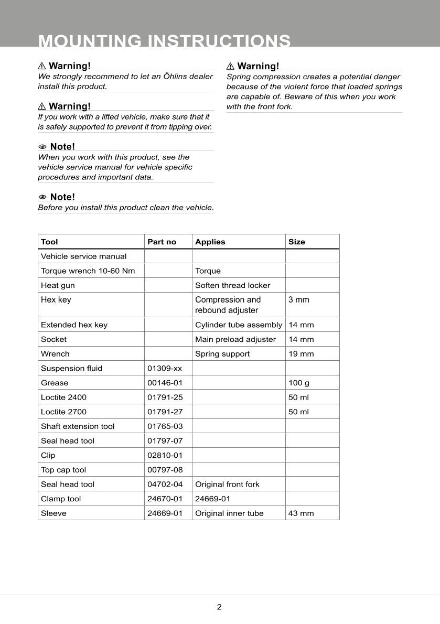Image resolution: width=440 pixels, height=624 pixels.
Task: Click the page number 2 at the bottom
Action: [x=219, y=607]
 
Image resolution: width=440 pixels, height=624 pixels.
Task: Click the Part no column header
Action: [x=162, y=242]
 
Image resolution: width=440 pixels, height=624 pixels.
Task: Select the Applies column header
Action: [x=210, y=242]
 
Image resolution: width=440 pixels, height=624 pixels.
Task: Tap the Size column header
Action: [x=296, y=242]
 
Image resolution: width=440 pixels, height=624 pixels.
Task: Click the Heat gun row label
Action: [x=58, y=285]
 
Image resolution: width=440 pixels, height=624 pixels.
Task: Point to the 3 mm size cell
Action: [x=299, y=300]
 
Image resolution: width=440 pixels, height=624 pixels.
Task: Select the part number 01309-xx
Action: [x=165, y=368]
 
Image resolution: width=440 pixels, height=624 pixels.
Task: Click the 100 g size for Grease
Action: [x=299, y=383]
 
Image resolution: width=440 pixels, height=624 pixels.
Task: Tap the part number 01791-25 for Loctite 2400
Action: [x=165, y=397]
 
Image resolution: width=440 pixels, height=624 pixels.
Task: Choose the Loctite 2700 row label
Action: [x=63, y=412]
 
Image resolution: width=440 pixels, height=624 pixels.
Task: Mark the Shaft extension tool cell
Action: [x=78, y=426]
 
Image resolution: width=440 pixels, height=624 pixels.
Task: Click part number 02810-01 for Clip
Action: [x=165, y=455]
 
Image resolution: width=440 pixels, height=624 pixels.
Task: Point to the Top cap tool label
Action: [x=63, y=470]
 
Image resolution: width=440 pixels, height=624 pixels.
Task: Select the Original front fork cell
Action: [x=227, y=485]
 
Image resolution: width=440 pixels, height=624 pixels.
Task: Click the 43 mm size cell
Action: [x=301, y=513]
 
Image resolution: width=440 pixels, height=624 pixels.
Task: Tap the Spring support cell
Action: [x=222, y=354]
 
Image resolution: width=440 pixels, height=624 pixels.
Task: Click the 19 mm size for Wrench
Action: [x=301, y=354]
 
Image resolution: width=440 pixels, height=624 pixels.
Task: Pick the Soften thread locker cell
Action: [x=233, y=285]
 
